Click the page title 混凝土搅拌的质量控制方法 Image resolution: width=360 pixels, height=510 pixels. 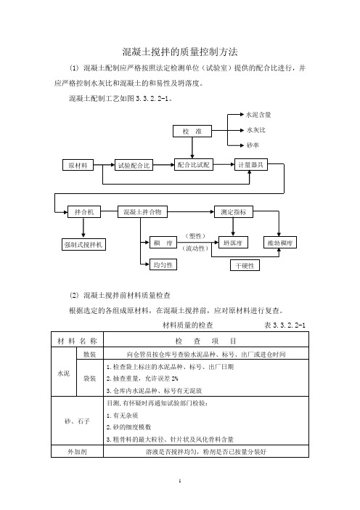tap(180, 52)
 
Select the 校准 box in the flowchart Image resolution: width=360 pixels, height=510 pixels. tap(192, 131)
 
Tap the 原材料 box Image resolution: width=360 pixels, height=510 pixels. tap(78, 165)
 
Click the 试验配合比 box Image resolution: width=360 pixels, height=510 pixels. tap(134, 165)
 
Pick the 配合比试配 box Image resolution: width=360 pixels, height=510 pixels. tap(193, 165)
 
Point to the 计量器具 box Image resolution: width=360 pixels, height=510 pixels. tap(251, 165)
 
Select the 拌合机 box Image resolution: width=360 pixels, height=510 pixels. tap(83, 212)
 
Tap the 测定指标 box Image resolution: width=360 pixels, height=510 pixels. tap(233, 212)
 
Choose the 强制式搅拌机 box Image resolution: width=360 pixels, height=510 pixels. tap(83, 245)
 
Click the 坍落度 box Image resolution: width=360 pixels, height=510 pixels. tap(233, 243)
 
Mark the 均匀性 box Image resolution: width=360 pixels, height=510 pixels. tap(163, 264)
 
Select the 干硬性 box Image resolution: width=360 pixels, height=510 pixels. tap(245, 265)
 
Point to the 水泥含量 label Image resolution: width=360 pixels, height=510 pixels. tap(258, 115)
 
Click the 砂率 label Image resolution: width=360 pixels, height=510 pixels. tap(253, 145)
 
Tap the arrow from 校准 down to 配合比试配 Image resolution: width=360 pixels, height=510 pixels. tap(192, 148)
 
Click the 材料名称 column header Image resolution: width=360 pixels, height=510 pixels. tap(78, 341)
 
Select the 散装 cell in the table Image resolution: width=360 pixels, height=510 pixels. tap(90, 355)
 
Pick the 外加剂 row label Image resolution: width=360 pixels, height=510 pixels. tap(77, 451)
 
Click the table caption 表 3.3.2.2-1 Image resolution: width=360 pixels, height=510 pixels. tap(285, 325)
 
